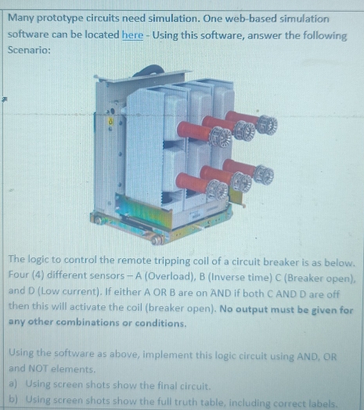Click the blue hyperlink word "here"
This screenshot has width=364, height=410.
click(x=132, y=34)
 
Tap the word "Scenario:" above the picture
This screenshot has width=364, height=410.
click(x=29, y=49)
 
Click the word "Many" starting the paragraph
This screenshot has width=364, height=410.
click(x=21, y=18)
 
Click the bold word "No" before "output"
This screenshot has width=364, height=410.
click(x=226, y=309)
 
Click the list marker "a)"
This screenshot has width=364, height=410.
click(x=13, y=384)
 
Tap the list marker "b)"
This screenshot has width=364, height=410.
click(x=13, y=399)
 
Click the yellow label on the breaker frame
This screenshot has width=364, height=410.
click(x=110, y=121)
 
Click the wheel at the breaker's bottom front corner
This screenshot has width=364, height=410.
click(x=157, y=239)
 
